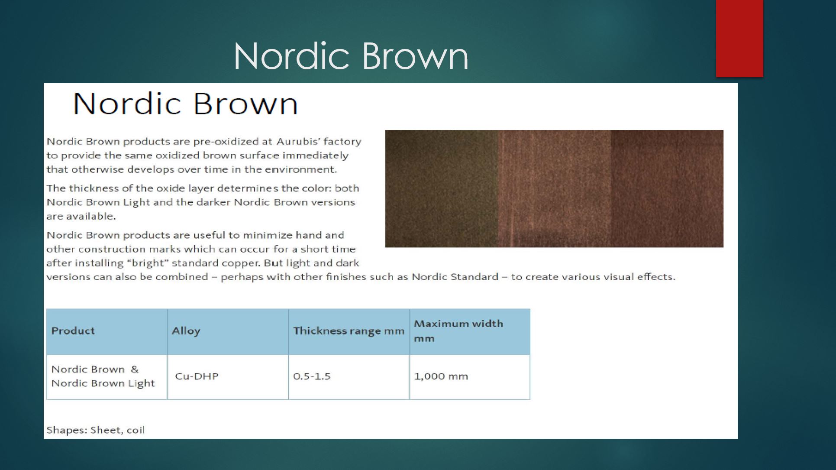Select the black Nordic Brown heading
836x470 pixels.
186,104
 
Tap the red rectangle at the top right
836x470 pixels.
739,38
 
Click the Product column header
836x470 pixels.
73,331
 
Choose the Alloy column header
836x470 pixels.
186,331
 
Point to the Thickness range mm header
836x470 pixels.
349,331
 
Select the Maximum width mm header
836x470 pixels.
458,331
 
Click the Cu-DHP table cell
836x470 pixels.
197,376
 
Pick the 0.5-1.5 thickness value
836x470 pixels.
312,376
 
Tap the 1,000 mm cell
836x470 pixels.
441,376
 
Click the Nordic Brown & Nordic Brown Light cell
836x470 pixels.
103,376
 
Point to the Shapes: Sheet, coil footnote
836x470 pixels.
96,430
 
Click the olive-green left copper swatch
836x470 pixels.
442,188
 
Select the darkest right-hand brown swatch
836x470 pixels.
667,188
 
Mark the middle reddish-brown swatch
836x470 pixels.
555,188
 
